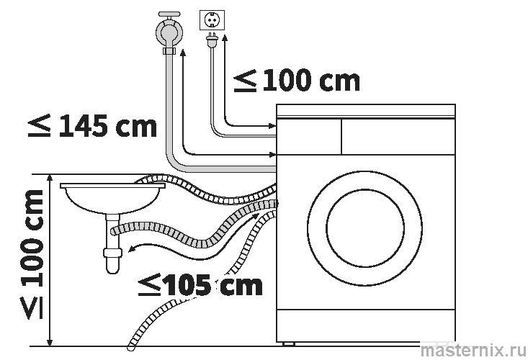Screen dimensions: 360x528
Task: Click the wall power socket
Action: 213,21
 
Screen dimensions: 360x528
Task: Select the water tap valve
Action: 170,32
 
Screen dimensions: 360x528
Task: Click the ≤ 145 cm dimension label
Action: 92,127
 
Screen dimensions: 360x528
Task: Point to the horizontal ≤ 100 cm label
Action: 296,81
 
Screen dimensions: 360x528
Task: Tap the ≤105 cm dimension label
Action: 200,285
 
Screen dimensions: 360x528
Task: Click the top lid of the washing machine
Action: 367,110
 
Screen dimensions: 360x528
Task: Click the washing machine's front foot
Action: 292,343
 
